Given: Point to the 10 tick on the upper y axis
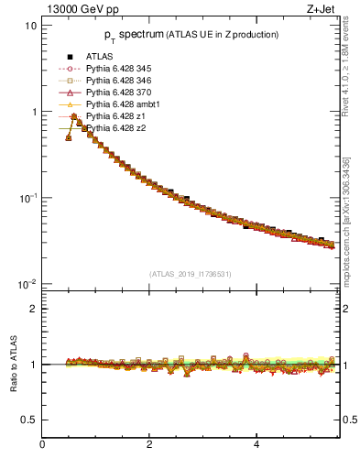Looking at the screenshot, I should tap(30, 26).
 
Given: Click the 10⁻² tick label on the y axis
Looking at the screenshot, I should tap(27, 284).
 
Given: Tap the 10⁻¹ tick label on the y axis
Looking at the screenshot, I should tap(27, 198).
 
